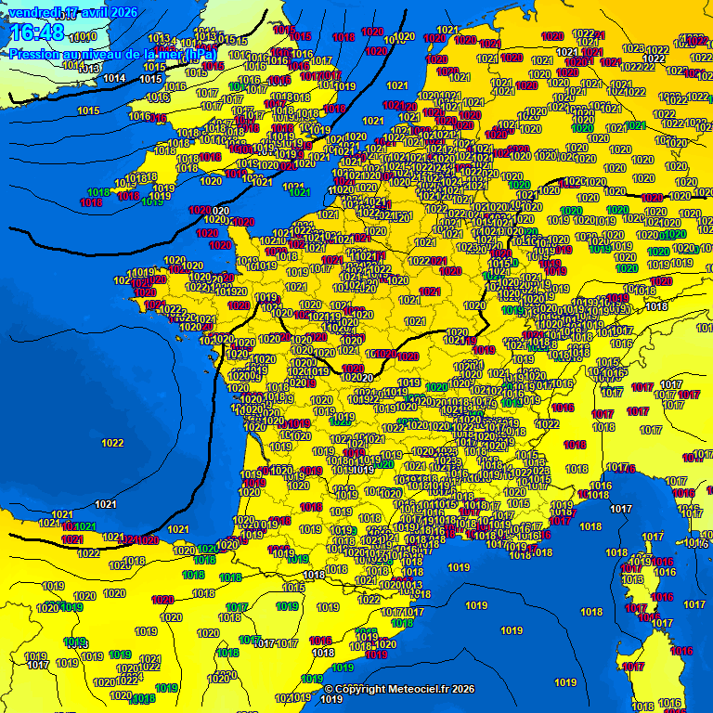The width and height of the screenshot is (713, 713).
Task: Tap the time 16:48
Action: pos(37,33)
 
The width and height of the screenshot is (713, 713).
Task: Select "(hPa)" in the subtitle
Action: pos(201,54)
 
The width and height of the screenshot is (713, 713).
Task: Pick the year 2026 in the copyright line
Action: pos(461,689)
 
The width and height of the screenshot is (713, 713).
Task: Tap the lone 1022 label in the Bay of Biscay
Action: pos(112,443)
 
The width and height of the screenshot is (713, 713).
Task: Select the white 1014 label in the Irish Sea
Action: pos(114,78)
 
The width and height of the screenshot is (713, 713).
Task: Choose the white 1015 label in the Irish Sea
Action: pos(151,79)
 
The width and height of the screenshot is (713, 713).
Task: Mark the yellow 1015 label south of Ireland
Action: pos(89,111)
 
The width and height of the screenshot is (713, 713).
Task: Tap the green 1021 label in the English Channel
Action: pos(298,192)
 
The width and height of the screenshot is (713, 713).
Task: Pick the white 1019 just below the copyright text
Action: pos(331,699)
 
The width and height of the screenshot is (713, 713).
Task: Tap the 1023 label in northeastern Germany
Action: pos(632,48)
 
